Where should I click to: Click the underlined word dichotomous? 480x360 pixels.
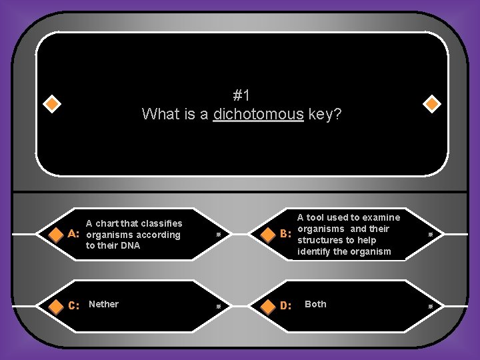pos(258,115)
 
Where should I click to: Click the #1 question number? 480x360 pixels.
pos(241,95)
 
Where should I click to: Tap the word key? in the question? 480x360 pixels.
pos(325,115)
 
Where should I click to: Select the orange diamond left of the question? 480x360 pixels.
pos(51,104)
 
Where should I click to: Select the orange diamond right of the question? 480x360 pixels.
pos(431,104)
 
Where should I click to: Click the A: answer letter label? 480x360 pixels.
pos(75,235)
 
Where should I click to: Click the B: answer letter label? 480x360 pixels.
pos(286,235)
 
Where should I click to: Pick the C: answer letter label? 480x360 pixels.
pos(74,305)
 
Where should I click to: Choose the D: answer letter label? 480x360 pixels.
pos(286,305)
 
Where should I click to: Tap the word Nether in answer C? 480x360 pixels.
pos(103,304)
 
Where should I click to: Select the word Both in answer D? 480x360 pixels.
pos(315,304)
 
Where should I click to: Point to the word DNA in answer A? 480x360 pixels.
pos(131,246)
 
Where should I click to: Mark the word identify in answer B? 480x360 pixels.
pos(313,251)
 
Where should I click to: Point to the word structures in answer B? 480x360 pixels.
pos(320,240)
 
